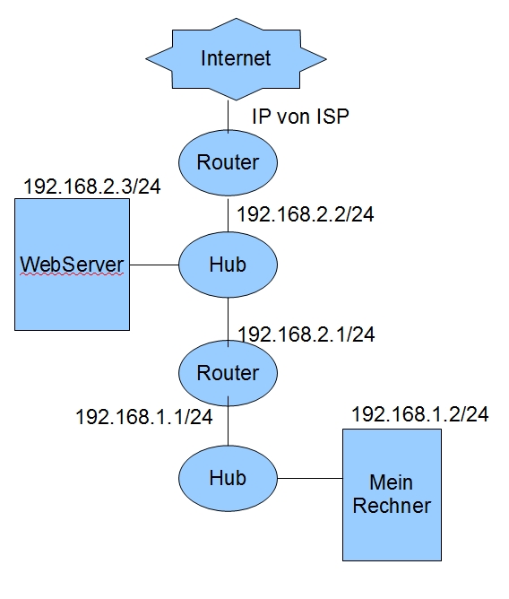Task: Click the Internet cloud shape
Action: [236, 59]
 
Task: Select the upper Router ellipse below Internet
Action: [228, 162]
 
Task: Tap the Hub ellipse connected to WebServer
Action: [228, 265]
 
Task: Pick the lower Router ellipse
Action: [228, 373]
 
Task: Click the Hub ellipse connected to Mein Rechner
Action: [228, 478]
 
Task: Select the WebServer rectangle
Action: [73, 265]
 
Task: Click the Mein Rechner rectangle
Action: [392, 495]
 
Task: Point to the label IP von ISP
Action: [300, 117]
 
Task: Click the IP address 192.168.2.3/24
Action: [92, 187]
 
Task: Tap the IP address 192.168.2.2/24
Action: [306, 214]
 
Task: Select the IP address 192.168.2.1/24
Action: [306, 334]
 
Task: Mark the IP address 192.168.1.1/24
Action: [144, 416]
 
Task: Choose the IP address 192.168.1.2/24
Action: [420, 414]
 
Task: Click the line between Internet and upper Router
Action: [229, 117]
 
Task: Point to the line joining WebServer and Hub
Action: [154, 265]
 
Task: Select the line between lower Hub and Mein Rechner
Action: [310, 478]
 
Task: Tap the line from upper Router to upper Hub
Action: [229, 215]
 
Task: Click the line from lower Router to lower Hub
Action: [229, 421]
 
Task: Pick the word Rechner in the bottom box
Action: [392, 506]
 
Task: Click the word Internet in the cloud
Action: [236, 58]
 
